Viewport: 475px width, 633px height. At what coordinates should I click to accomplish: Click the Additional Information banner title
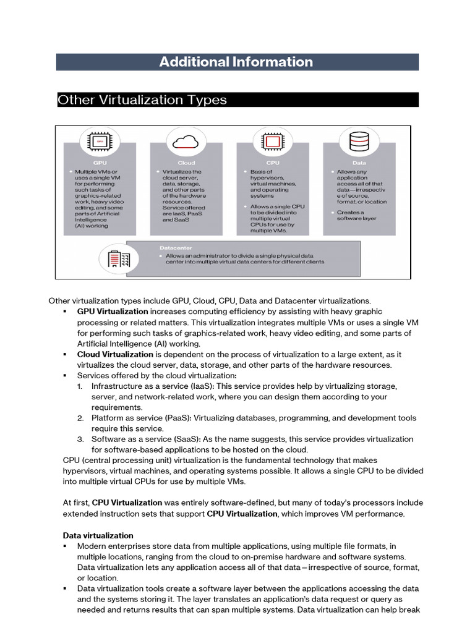point(236,62)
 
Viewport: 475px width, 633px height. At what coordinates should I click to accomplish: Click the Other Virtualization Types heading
point(142,100)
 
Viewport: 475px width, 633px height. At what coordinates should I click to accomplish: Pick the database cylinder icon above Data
point(359,142)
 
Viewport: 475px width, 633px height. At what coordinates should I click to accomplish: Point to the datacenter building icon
point(119,258)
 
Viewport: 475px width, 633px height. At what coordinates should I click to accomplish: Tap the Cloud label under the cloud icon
point(186,163)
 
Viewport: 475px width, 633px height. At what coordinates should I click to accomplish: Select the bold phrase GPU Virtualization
point(112,312)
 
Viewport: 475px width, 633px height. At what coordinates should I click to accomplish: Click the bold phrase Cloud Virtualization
point(115,354)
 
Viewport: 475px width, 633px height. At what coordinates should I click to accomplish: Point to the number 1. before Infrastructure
point(80,386)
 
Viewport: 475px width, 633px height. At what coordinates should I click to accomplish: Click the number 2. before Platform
point(80,418)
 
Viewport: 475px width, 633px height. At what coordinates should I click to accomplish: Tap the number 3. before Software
point(80,440)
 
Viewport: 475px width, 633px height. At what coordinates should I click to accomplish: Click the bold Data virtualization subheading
point(98,535)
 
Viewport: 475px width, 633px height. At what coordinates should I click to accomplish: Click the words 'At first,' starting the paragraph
point(76,503)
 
